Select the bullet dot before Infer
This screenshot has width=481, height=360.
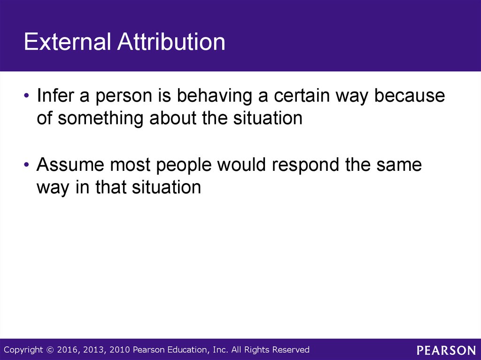[26, 95]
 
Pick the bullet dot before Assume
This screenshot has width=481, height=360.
[26, 165]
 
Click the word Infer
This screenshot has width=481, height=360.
[55, 95]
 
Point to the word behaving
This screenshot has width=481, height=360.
[214, 95]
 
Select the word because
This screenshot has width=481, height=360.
[410, 95]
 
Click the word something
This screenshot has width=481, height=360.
[101, 118]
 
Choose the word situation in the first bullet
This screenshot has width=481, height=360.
[268, 118]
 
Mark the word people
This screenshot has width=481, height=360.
[184, 165]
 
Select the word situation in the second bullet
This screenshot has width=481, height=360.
[167, 187]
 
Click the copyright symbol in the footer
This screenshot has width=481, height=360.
[50, 350]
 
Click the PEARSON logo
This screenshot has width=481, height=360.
[446, 350]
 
